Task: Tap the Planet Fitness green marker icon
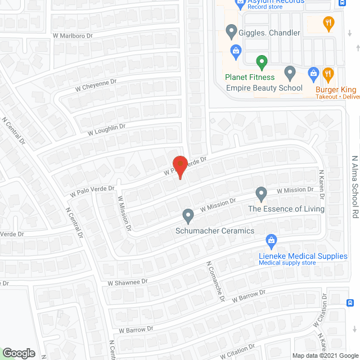tap(261, 62)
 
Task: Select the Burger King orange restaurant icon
tap(328, 74)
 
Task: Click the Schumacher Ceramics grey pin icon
tap(188, 215)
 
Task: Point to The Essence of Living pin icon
tap(261, 194)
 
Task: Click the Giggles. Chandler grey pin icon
tap(231, 31)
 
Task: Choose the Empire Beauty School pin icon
tap(290, 73)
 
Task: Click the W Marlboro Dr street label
tap(73, 35)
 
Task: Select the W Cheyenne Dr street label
tap(96, 85)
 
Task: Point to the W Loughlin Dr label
tap(106, 130)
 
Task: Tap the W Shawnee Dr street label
tap(128, 281)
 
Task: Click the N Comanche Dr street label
tap(215, 281)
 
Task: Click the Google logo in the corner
tap(19, 353)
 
